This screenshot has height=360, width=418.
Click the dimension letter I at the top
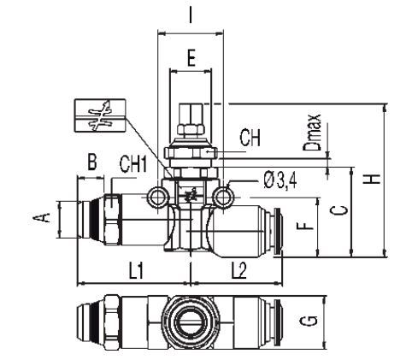(190, 15)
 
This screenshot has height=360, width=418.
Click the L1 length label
(136, 271)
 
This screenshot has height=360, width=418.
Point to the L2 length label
(238, 271)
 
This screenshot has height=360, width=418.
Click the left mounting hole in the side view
(156, 198)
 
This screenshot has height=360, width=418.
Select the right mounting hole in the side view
(225, 198)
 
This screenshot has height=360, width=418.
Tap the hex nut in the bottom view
(112, 320)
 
